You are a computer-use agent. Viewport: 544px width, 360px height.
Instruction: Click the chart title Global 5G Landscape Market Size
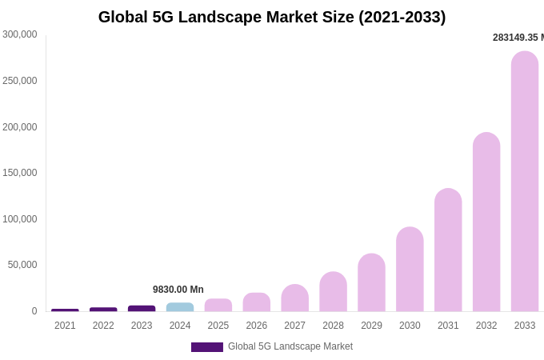coord(272,17)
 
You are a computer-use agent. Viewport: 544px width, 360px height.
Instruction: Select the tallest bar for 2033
coord(525,182)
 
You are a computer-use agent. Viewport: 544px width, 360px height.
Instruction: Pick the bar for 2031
coord(448,250)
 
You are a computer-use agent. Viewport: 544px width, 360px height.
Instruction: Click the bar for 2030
coord(410,270)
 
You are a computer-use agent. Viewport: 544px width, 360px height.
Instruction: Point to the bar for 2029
coord(371,283)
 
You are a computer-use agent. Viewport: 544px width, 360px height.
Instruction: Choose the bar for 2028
coord(333,292)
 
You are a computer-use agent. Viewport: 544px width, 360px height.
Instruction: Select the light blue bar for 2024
coord(180,307)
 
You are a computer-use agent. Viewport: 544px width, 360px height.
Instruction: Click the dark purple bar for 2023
coord(142,309)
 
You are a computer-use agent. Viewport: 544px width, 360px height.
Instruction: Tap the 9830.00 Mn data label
coord(178,290)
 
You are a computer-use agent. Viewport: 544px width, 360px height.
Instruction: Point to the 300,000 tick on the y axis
coord(20,34)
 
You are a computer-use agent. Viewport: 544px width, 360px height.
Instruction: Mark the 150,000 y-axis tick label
coord(20,173)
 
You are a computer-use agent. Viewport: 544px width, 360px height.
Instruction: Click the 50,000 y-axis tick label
coord(22,265)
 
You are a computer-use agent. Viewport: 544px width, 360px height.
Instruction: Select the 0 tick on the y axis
coord(34,311)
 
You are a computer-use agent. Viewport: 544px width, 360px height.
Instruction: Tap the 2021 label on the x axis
coord(65,326)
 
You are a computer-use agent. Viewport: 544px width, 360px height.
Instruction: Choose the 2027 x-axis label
coord(294,326)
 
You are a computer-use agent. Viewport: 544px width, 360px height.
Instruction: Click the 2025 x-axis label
coord(218,326)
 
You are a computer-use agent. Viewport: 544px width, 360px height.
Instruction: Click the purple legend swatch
coord(207,347)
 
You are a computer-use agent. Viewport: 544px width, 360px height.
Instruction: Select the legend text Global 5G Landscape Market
coord(290,346)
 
